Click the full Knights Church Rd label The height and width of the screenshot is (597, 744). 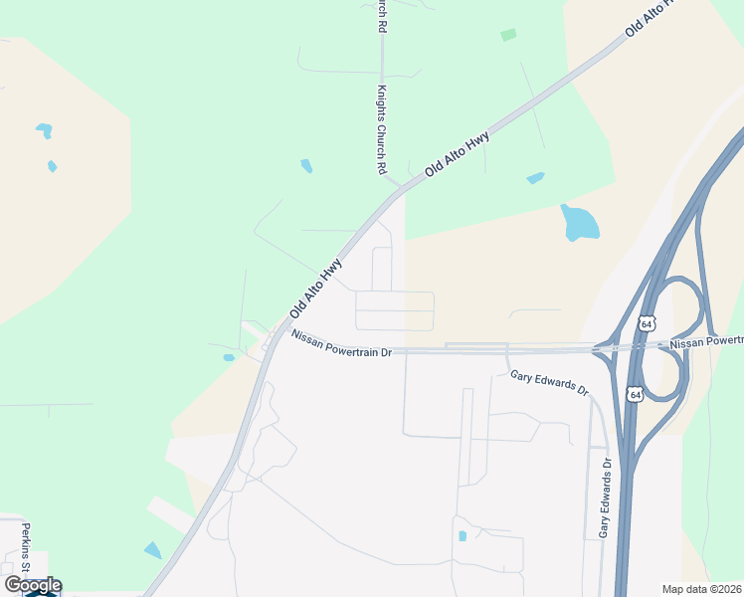(380, 129)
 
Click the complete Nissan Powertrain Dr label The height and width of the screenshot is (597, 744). (342, 343)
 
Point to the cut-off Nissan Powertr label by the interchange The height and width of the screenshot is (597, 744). (706, 342)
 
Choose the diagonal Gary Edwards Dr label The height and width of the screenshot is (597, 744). (550, 381)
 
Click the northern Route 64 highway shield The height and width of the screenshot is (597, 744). (647, 324)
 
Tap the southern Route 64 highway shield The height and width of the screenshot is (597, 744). (635, 395)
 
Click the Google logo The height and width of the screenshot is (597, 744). (32, 585)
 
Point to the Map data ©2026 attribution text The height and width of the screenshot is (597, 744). (701, 589)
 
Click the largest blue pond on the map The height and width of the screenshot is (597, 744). (579, 223)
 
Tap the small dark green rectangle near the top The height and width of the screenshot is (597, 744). (508, 35)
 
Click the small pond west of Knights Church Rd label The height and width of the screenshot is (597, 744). (306, 166)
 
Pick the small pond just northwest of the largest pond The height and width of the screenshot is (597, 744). (535, 178)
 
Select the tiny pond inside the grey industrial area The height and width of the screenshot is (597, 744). (463, 536)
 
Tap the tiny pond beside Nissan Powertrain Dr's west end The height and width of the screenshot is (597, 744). (229, 357)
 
